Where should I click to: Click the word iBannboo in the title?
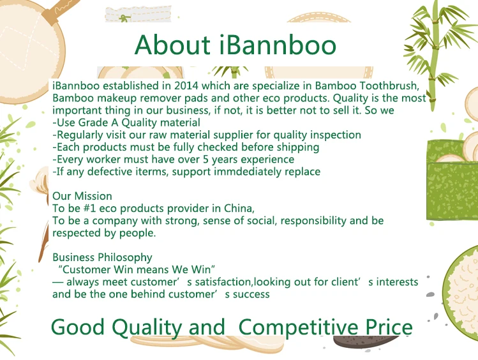278,45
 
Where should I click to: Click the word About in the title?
172,45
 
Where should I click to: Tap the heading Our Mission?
82,196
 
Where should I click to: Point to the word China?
239,208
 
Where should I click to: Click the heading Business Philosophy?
102,258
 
